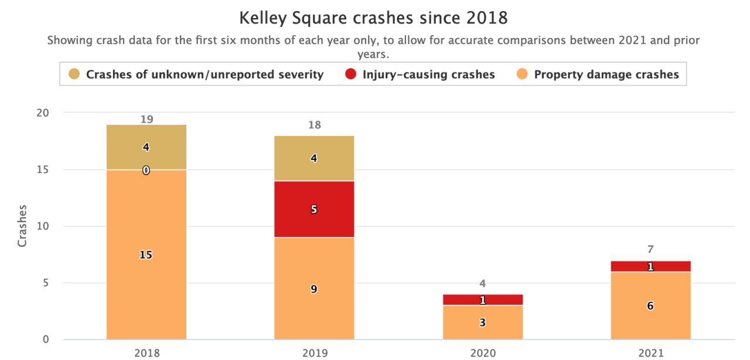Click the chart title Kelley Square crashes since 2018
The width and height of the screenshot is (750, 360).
click(x=373, y=18)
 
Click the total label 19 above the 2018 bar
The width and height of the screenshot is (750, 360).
click(x=146, y=119)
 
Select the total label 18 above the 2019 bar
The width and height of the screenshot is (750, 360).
click(x=314, y=125)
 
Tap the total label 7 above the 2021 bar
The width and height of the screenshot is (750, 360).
click(x=650, y=249)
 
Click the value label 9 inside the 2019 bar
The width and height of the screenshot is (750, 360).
click(x=314, y=288)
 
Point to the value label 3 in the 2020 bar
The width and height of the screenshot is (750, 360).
click(x=482, y=322)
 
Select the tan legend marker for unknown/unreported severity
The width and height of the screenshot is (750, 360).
click(x=74, y=74)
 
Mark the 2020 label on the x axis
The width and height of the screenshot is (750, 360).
click(x=482, y=353)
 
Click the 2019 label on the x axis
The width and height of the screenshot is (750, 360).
click(x=314, y=353)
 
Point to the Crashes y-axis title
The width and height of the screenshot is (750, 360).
click(x=22, y=226)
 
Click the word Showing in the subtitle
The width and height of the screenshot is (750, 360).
click(x=68, y=40)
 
